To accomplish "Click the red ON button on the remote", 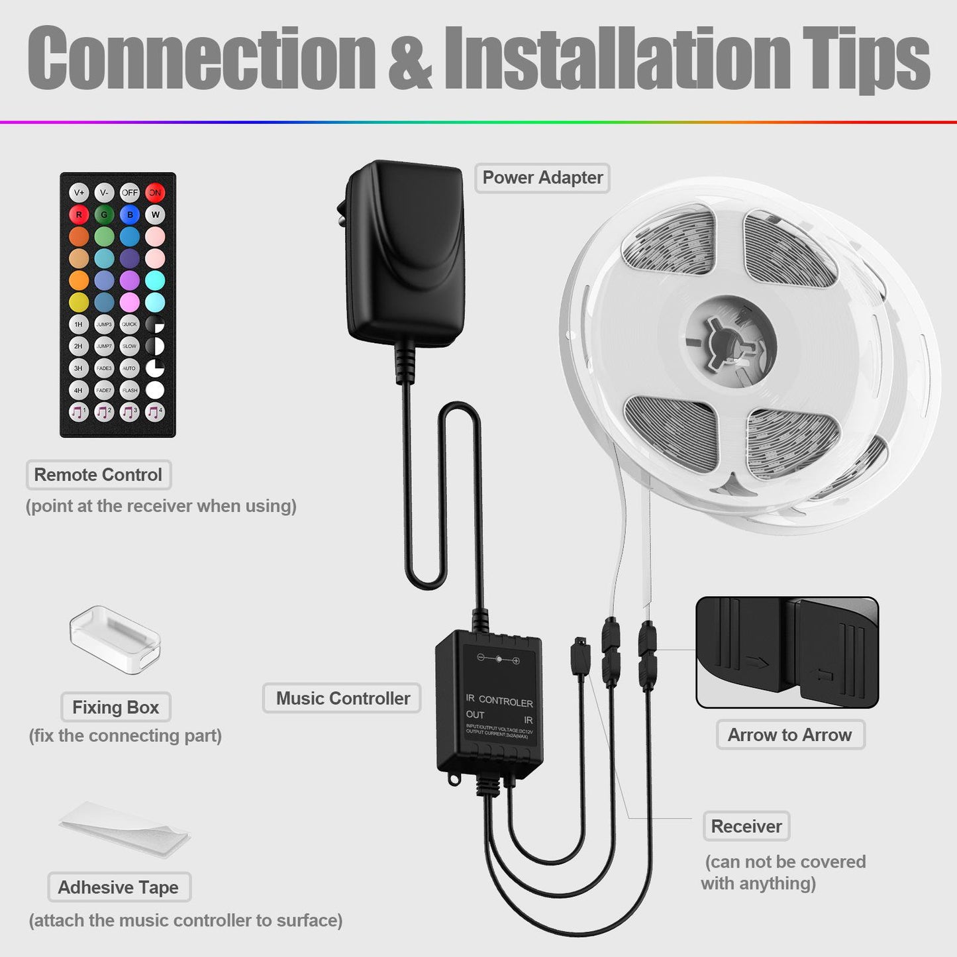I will pyautogui.click(x=155, y=193).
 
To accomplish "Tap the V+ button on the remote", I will pyautogui.click(x=79, y=193).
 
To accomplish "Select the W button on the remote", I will pyautogui.click(x=155, y=215).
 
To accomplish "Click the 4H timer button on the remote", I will pyautogui.click(x=79, y=390).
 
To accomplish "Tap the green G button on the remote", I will pyautogui.click(x=104, y=215).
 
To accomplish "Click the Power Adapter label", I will pyautogui.click(x=542, y=178).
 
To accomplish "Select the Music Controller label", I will pyautogui.click(x=342, y=698).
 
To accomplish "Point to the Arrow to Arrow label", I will pyautogui.click(x=790, y=734).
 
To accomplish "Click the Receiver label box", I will pyautogui.click(x=746, y=827).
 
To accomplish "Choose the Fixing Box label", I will pyautogui.click(x=116, y=707).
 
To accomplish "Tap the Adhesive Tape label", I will pyautogui.click(x=119, y=887).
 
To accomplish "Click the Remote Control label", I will pyautogui.click(x=98, y=475).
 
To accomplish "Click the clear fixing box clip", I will pyautogui.click(x=115, y=639).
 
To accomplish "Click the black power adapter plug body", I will pyautogui.click(x=405, y=252).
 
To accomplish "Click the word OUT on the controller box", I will pyautogui.click(x=475, y=715).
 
